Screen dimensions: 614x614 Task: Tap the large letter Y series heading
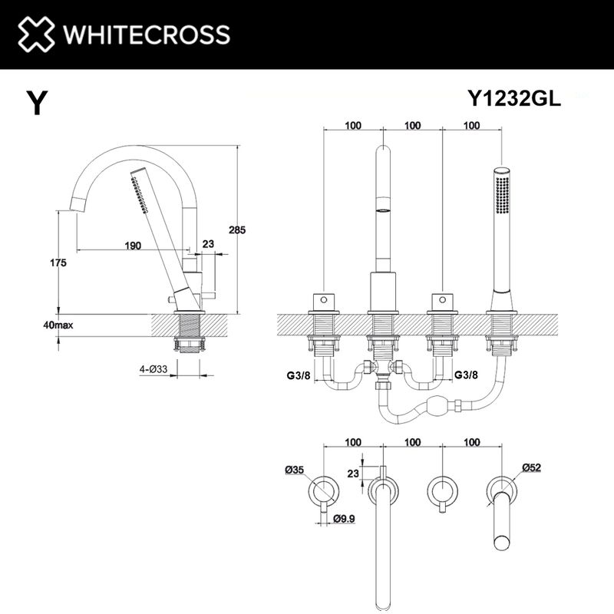tap(35, 103)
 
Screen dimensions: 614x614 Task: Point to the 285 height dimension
tap(238, 229)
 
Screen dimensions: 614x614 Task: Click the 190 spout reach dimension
tap(133, 245)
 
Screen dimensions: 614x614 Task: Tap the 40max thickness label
tap(58, 325)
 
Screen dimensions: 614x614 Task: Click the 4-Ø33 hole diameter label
tap(153, 369)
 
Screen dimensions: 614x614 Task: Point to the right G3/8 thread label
tap(467, 375)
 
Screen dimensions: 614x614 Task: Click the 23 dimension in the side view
tap(208, 244)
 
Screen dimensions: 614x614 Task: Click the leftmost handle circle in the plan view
tap(323, 489)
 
